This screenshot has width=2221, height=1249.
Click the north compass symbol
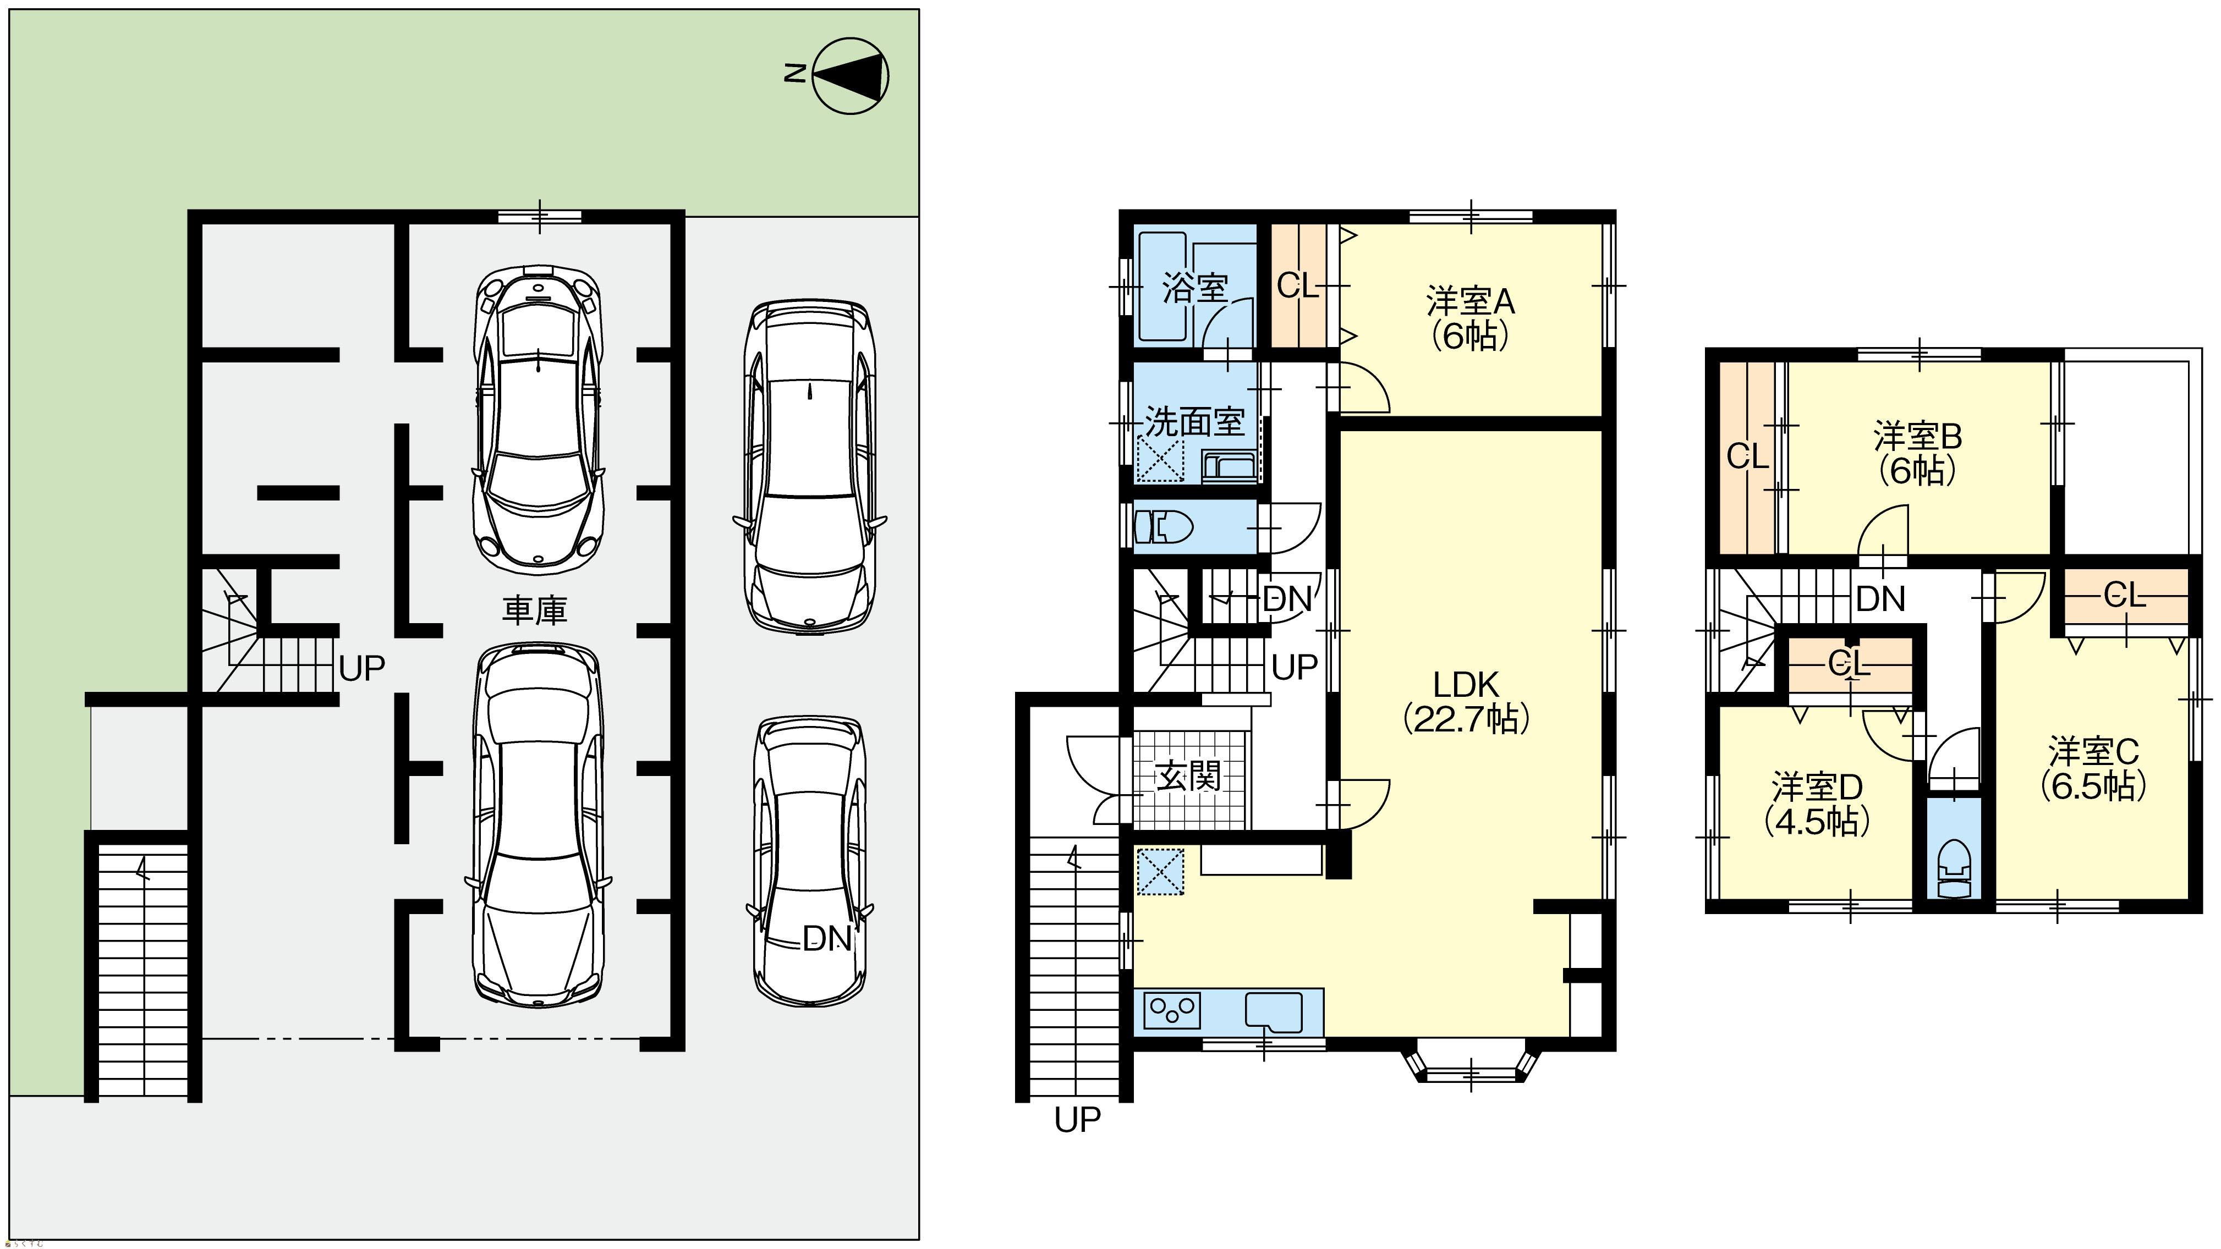pos(850,76)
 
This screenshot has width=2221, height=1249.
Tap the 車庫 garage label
pos(535,610)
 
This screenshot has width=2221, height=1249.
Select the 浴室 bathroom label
pos(1195,287)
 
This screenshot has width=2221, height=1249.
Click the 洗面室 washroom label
pos(1195,421)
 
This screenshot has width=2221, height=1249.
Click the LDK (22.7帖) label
pos(1467,702)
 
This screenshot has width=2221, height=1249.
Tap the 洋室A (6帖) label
pos(1470,319)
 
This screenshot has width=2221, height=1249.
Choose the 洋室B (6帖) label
pos(1917,453)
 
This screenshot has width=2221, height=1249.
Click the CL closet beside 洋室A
pos(1298,285)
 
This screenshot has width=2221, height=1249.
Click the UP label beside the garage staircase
pos(362,668)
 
